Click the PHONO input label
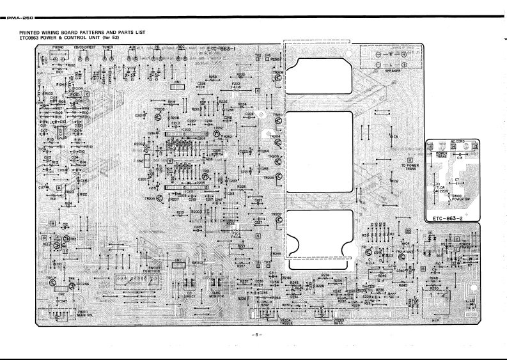[58, 47]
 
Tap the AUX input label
[132, 47]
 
